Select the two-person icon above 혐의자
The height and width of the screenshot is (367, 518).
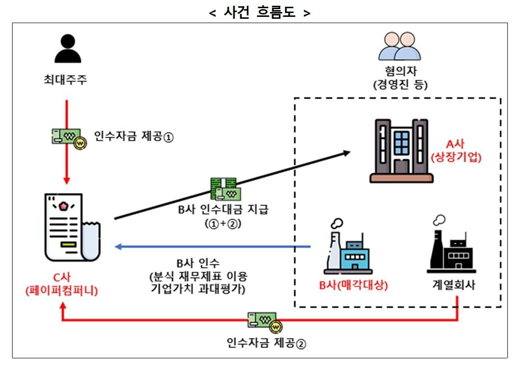point(399,47)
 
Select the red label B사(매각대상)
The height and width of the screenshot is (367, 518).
point(354,285)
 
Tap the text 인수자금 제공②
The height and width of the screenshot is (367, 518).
point(266,343)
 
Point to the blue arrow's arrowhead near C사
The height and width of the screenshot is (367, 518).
point(118,247)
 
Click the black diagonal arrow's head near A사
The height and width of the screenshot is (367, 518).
point(346,153)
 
